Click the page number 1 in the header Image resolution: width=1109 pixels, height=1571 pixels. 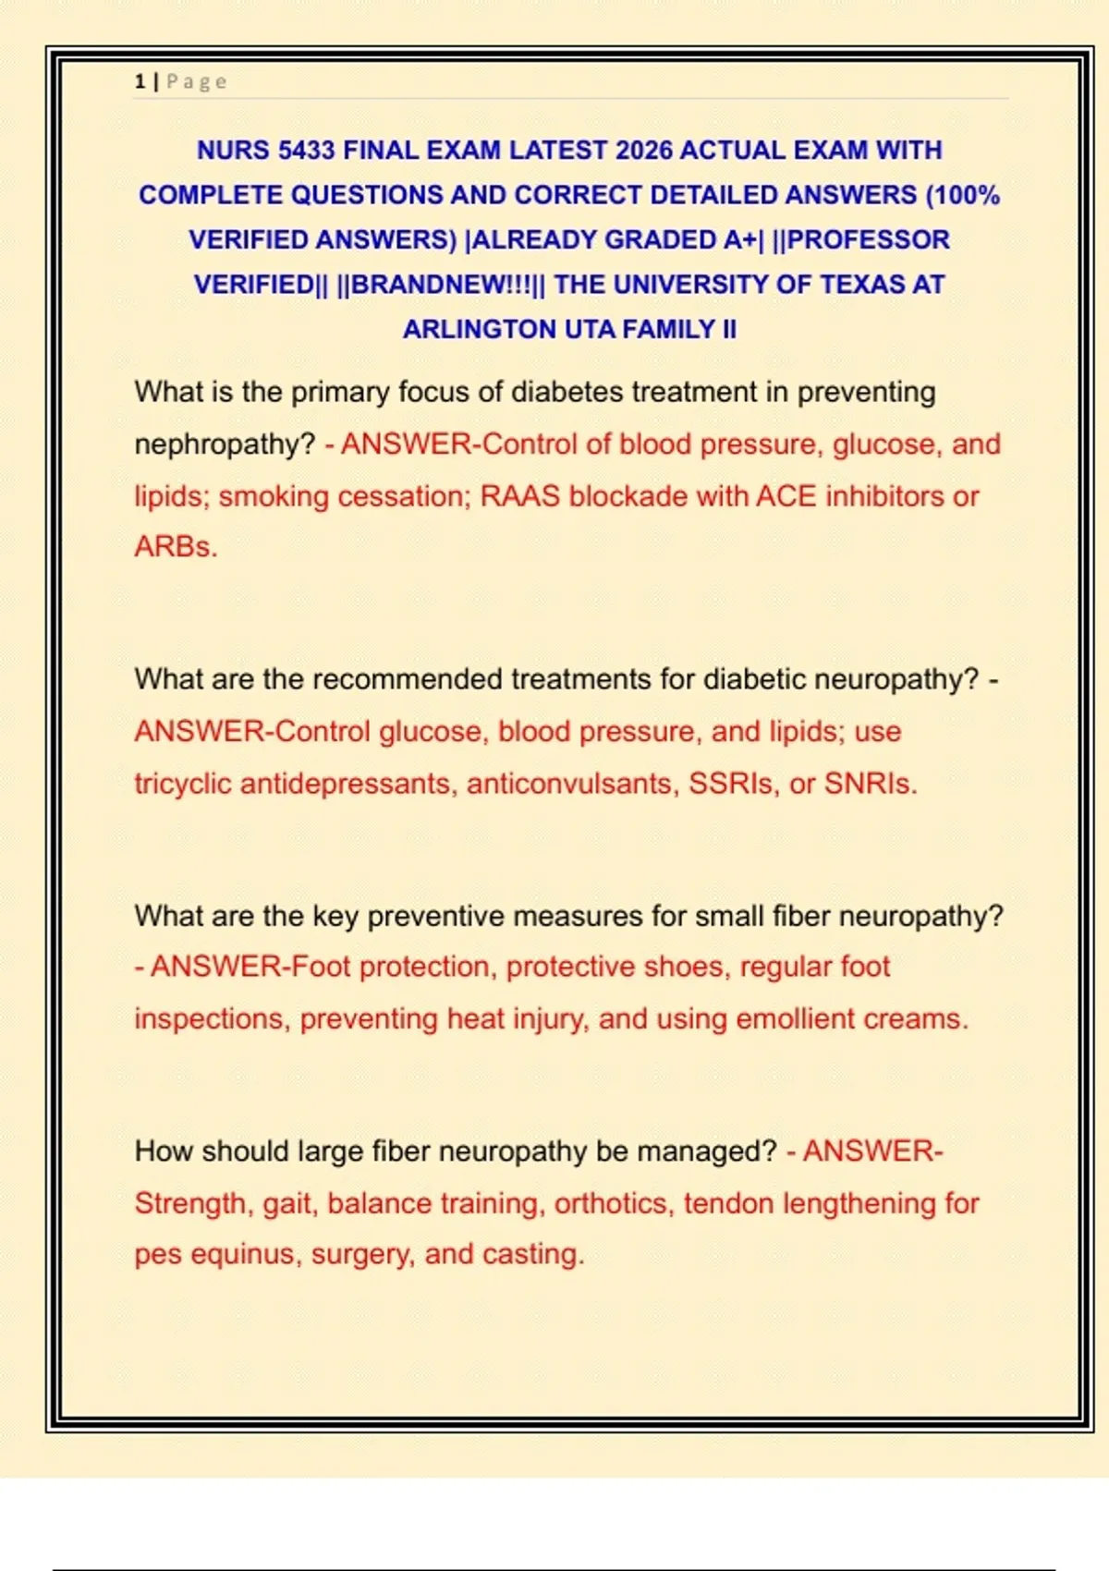(140, 81)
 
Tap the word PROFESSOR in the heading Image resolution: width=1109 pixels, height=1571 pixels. (868, 239)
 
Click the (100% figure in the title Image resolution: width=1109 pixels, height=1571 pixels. (962, 195)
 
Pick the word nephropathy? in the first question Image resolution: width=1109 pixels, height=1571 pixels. (225, 445)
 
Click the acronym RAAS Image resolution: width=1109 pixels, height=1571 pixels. (519, 496)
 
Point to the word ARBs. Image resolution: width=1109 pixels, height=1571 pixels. (176, 546)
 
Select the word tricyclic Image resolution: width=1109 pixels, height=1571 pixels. (183, 784)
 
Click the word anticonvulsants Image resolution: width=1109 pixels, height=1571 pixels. (573, 784)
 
